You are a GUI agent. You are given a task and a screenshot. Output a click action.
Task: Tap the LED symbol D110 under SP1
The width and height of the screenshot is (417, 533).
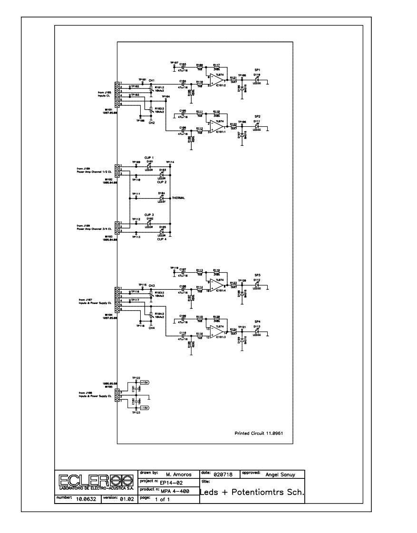pos(257,80)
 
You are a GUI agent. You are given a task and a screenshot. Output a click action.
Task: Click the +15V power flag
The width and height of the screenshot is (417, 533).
pos(145,382)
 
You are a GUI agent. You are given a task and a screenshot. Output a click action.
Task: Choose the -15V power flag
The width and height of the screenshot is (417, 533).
pos(145,408)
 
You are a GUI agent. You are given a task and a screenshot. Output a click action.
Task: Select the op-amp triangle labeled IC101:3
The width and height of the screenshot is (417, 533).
pos(219,332)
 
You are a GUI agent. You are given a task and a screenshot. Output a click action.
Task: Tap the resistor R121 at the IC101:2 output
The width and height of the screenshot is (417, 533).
pos(233,80)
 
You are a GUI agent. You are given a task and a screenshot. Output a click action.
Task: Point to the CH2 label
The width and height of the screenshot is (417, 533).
pos(151,123)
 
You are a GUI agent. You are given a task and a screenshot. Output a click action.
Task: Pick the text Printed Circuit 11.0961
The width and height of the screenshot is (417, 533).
pos(259,434)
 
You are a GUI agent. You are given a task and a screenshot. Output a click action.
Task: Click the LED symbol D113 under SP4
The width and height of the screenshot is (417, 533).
pos(257,332)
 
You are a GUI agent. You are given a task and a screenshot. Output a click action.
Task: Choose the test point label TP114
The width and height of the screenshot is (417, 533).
pos(170,162)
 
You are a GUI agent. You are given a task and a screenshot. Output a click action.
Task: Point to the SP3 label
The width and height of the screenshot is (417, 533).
pos(257,275)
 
